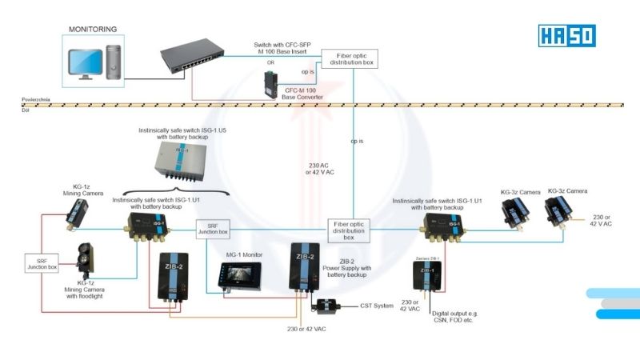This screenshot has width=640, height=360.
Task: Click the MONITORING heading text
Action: [92, 30]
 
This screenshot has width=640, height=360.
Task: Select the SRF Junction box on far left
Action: [42, 262]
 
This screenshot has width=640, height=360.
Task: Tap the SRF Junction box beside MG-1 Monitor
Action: [213, 229]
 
